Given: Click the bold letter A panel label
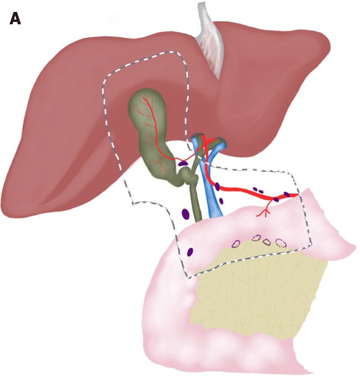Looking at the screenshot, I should tap(15, 19).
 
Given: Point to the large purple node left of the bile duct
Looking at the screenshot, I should tap(185, 214).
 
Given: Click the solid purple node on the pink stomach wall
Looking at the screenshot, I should tap(190, 251).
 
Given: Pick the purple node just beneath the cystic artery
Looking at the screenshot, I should tap(183, 163).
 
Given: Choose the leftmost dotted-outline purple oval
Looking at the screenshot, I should tap(236, 244).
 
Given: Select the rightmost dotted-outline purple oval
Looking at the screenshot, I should tap(281, 242).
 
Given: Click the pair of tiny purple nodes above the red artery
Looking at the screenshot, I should tap(258, 190).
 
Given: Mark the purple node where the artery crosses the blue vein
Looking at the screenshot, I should tap(217, 186).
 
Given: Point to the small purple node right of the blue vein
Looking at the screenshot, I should tap(221, 201).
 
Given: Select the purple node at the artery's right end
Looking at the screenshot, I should tap(287, 194).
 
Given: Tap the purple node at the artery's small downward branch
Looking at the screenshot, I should tap(276, 199).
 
